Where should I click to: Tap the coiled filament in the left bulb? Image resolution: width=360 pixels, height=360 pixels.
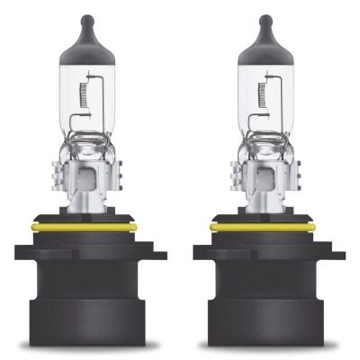[x=83, y=94]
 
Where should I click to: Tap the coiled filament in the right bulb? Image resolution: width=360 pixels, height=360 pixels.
[x=262, y=94]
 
